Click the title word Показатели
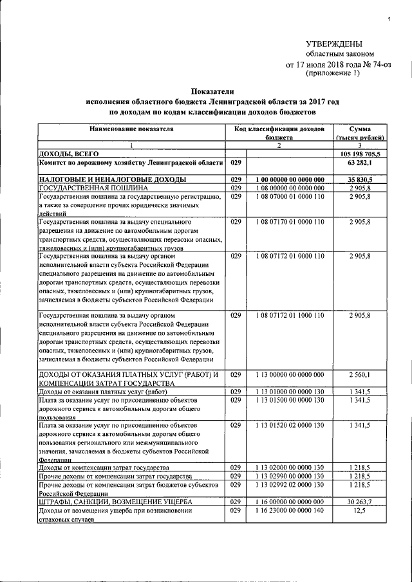(212, 93)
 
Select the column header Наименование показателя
(131, 129)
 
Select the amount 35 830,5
(367, 178)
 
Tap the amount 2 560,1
(369, 374)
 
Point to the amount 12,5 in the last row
(374, 510)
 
